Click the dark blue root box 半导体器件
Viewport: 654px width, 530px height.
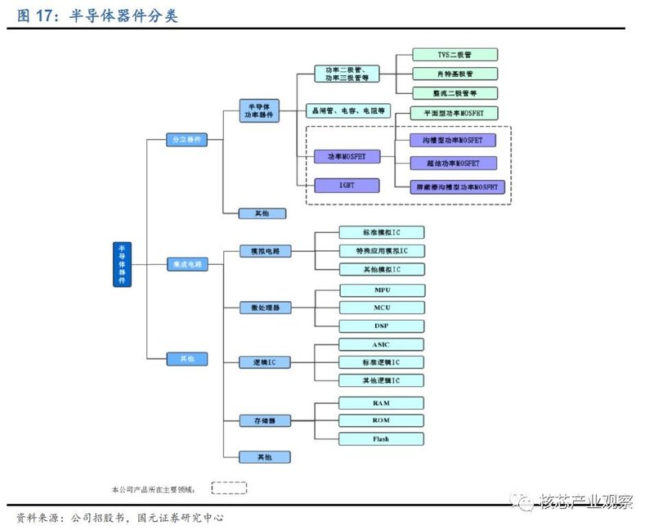tap(122, 264)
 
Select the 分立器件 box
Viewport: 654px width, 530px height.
tap(186, 140)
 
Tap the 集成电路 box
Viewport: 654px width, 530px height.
tap(186, 264)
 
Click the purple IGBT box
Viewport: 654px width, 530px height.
tap(347, 186)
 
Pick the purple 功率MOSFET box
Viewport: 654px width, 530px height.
tap(347, 156)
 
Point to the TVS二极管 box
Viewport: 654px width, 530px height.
tap(455, 55)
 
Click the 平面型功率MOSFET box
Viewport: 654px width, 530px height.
tap(455, 112)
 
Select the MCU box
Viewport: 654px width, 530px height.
tap(382, 308)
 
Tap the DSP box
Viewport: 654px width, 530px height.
tap(382, 326)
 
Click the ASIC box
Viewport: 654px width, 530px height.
tap(382, 344)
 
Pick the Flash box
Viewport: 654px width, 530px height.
tap(382, 439)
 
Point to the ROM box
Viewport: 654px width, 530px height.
tap(382, 420)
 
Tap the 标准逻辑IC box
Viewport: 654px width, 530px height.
tap(382, 362)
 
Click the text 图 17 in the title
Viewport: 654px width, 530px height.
tap(36, 16)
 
